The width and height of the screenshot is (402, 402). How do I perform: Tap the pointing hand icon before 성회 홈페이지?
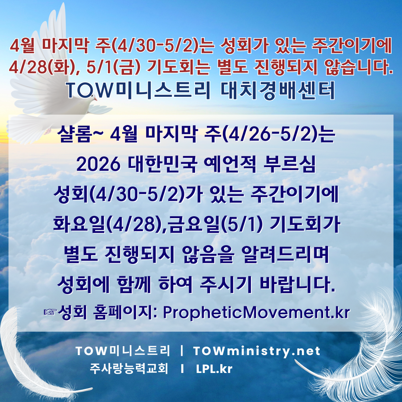[50, 312]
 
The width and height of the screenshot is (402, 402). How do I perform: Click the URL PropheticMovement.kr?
[256, 312]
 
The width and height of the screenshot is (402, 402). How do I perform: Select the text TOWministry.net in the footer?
[256, 351]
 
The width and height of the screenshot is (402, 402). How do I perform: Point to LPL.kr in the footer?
[214, 369]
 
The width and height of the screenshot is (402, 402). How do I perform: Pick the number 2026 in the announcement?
[98, 165]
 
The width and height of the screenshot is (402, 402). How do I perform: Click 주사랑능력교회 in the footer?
[129, 368]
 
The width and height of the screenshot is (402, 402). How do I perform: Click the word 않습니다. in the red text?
[358, 67]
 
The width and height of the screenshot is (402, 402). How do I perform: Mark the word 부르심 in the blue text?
[290, 164]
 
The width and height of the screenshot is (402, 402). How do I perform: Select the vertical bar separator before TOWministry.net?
[182, 351]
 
